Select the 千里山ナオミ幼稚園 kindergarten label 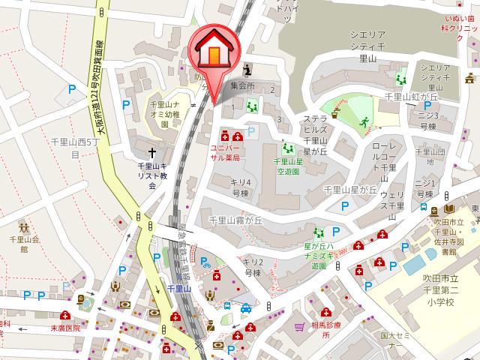coord(166,115)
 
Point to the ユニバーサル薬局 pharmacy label coord(225,153)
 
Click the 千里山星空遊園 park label coord(286,166)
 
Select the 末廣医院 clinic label coord(64,328)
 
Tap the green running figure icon coord(364,121)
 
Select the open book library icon coord(449,208)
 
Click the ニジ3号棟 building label coord(427,121)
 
